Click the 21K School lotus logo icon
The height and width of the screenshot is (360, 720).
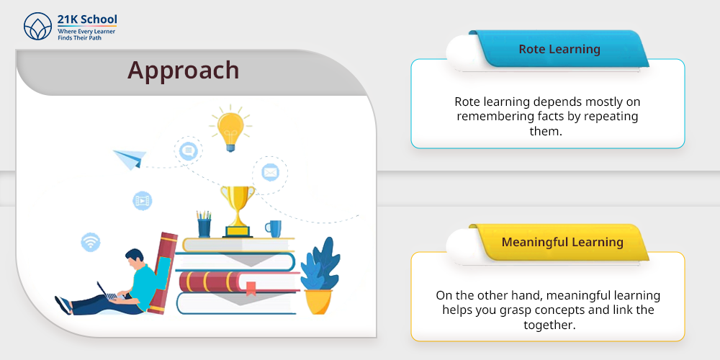(37, 26)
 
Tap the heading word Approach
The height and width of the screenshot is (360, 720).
(183, 71)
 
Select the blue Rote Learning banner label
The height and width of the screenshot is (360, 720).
(559, 49)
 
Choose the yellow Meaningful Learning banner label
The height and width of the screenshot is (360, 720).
(562, 242)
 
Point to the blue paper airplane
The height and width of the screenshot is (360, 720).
(130, 159)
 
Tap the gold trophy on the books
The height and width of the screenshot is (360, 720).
(238, 211)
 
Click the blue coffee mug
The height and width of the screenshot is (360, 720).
(274, 229)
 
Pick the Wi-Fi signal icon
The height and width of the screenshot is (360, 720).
(91, 242)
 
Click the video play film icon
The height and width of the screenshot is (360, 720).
(143, 201)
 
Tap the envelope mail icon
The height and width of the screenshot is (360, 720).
(270, 173)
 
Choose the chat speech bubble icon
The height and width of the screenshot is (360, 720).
(188, 150)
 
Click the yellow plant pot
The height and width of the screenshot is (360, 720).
(318, 302)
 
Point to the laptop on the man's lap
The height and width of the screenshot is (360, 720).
(109, 292)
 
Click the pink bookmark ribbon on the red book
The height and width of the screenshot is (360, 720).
(251, 288)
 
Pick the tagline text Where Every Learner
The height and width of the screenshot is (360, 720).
(86, 32)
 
